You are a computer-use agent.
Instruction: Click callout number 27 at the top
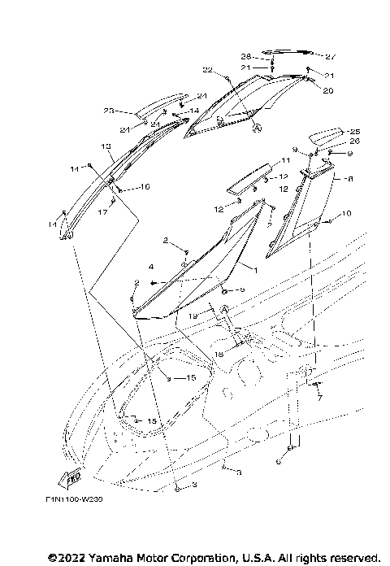pos(331,57)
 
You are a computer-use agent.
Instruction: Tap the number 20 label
pos(328,91)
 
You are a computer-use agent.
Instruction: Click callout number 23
pos(108,111)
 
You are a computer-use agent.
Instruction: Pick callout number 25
pos(353,131)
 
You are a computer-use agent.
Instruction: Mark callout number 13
pos(106,146)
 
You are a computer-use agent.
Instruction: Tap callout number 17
pos(102,213)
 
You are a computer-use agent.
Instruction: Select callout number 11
pos(286,160)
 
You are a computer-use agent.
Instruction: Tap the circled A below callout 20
pos(258,128)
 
